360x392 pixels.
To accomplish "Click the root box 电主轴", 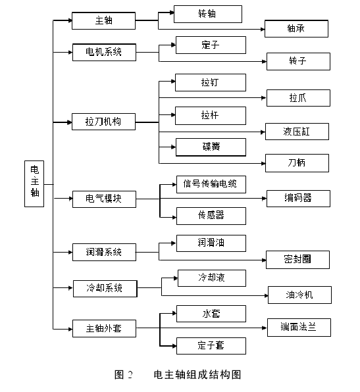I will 35,184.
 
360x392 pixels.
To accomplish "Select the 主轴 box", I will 104,20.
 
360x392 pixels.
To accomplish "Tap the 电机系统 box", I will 104,51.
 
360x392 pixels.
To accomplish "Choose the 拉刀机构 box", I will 104,122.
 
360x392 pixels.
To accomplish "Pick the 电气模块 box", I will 104,198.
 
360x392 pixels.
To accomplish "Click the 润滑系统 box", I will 104,251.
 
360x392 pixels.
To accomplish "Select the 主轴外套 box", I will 104,327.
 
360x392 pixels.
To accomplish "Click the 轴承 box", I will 296,29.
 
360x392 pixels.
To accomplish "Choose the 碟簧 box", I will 211,147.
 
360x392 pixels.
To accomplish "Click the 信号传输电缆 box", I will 211,184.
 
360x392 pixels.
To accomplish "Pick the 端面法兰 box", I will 298,327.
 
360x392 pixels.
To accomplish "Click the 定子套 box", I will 211,345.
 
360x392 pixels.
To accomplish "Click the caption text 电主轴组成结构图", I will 197,375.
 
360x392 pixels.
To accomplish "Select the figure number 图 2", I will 124,375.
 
